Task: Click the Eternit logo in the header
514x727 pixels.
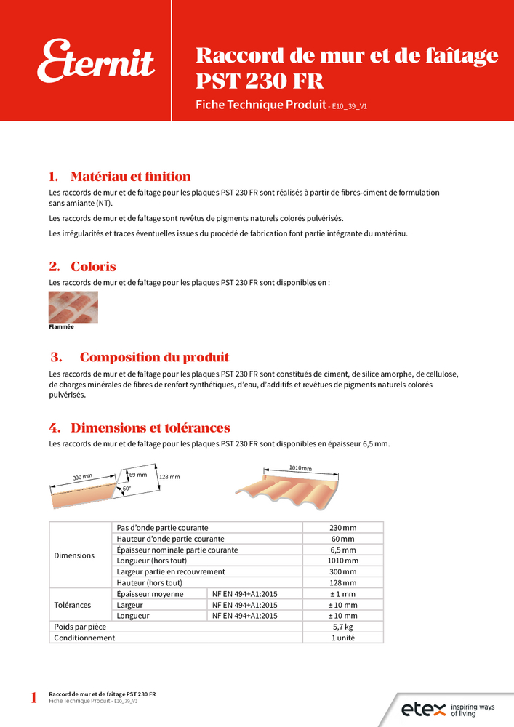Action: [96, 62]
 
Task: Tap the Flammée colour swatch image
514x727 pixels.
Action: [73, 307]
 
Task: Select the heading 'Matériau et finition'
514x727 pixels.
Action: [130, 177]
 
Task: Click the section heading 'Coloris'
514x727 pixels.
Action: [93, 267]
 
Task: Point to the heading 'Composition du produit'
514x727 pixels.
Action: [154, 357]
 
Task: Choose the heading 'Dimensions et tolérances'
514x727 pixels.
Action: [150, 427]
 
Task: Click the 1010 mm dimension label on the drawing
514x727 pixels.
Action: [300, 468]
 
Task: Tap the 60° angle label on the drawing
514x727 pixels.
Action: [127, 489]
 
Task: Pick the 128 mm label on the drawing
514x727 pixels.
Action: [169, 477]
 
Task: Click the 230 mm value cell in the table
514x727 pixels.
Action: [342, 527]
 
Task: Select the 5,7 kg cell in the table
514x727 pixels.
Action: [342, 627]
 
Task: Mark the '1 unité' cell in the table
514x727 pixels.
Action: [342, 638]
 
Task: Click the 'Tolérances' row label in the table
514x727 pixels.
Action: [73, 605]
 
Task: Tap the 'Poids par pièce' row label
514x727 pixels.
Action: [80, 627]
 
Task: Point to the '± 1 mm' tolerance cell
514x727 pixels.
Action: [342, 594]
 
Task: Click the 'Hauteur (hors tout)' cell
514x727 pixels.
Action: [149, 583]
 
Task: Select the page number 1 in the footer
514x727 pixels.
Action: [33, 699]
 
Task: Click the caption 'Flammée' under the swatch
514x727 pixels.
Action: [61, 327]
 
